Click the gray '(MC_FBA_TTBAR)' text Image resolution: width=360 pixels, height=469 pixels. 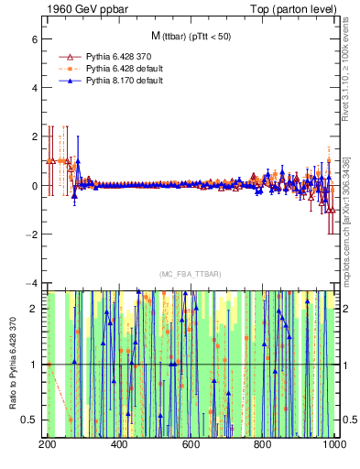coord(190,274)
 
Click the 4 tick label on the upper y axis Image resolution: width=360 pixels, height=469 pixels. coord(34,89)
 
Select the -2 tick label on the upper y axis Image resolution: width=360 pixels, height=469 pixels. coord(32,234)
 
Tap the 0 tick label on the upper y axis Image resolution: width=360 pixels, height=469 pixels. coord(34,186)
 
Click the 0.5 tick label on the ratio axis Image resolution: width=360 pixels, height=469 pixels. coord(29,420)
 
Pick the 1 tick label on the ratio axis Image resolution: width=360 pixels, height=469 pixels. coord(34,365)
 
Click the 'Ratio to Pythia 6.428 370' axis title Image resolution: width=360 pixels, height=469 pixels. coord(11,364)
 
